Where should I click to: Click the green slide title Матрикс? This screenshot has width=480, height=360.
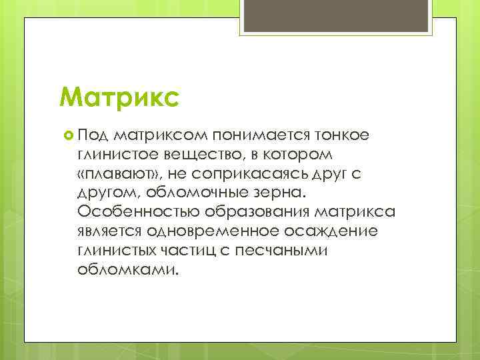tap(119, 97)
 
